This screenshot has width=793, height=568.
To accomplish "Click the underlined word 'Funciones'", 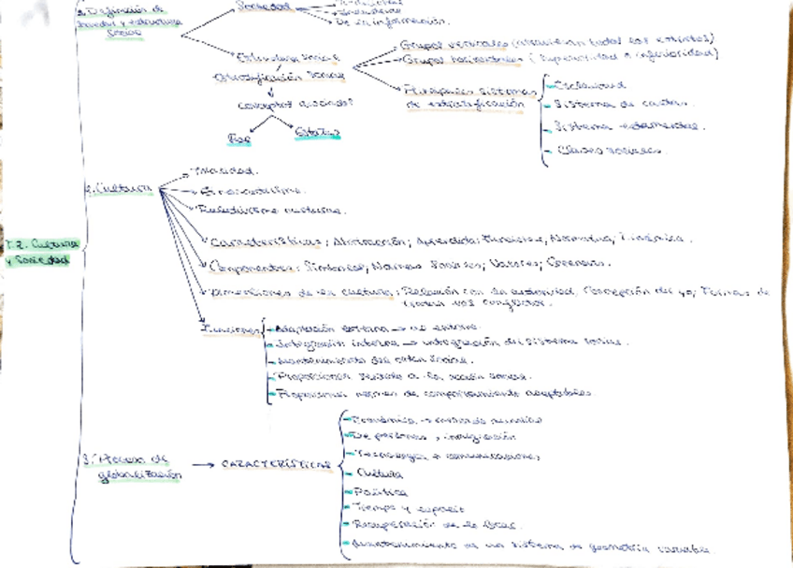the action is point(229,329).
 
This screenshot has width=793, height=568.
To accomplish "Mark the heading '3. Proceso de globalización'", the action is point(136,466).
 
